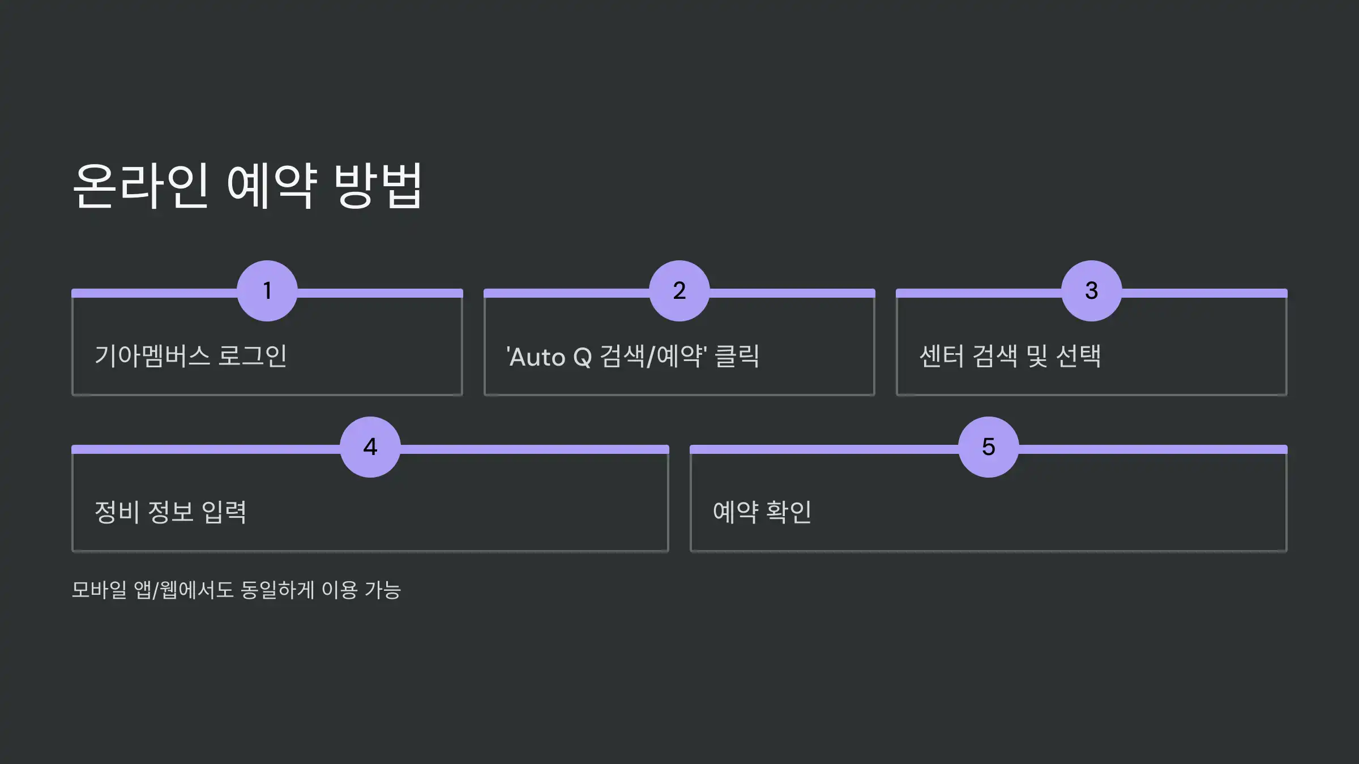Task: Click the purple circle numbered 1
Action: [x=267, y=291]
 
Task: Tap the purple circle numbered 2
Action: [x=679, y=291]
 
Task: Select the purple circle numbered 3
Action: [x=1091, y=291]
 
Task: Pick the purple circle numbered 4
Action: [x=370, y=447]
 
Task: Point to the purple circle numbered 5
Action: [x=989, y=447]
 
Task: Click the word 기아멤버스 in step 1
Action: [x=152, y=357]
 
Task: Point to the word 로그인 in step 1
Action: [x=253, y=357]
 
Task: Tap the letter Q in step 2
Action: [x=583, y=358]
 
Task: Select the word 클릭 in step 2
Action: [x=737, y=357]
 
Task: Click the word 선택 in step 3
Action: [x=1079, y=357]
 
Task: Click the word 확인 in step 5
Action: [x=789, y=512]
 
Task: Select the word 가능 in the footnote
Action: [x=383, y=590]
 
